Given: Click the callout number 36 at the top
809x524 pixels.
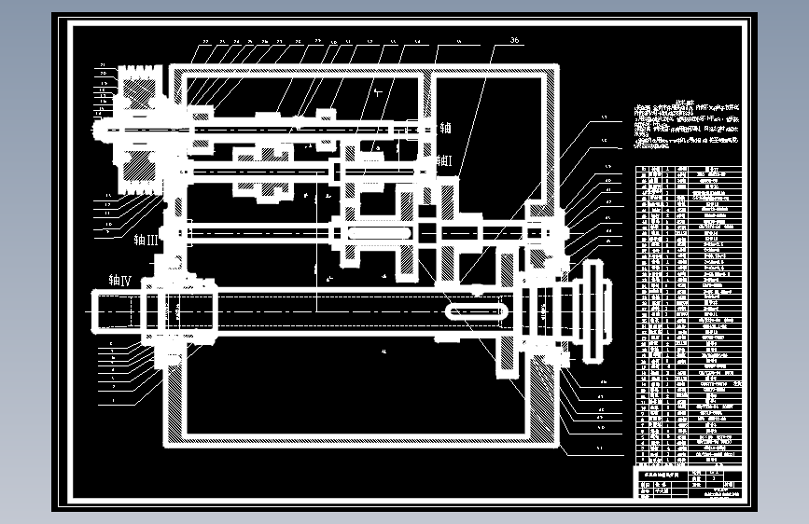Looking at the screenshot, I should (514, 40).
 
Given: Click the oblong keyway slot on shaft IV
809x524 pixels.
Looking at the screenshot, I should (476, 310).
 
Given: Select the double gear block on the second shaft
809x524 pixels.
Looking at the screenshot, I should (270, 172).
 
